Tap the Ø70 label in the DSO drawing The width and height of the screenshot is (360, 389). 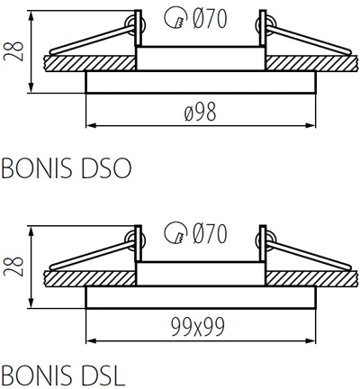pos(208,16)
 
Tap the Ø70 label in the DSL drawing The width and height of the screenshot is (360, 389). pos(208,234)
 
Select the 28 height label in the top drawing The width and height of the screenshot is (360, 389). pos(13,50)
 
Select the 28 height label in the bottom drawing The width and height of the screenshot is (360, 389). pos(13,267)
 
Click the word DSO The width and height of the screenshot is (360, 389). pos(107,167)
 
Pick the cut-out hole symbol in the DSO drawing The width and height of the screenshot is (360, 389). pos(175,17)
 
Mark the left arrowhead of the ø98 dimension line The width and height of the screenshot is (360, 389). pos(90,125)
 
